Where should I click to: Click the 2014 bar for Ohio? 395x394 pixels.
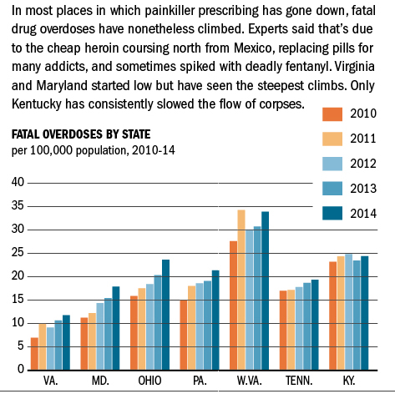pos(165,315)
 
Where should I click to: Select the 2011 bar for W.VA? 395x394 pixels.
pos(241,290)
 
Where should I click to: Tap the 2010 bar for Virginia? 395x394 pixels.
pos(34,354)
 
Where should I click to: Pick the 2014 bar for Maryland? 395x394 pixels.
pos(116,328)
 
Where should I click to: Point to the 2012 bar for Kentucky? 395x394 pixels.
pos(348,312)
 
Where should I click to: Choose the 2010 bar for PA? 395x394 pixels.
pos(184,335)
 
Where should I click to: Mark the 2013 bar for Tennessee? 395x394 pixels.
pos(307,326)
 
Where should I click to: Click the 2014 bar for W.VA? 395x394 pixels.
pos(266,290)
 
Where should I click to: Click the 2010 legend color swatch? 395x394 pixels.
pos(332,114)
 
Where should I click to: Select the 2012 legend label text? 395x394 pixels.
pos(363,164)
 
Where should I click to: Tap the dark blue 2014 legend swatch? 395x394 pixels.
pos(332,214)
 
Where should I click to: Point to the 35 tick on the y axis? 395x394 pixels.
pos(18,206)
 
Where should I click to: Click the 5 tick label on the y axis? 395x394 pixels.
pos(21,346)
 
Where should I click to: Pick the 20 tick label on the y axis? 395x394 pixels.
pos(18,276)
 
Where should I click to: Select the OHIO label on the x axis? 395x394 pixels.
pos(149,381)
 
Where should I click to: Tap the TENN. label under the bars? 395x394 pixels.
pos(299,381)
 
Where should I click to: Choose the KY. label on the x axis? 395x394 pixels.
pos(349,381)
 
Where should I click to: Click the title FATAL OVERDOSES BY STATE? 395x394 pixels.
pos(81,134)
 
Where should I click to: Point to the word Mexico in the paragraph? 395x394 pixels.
pos(252,48)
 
